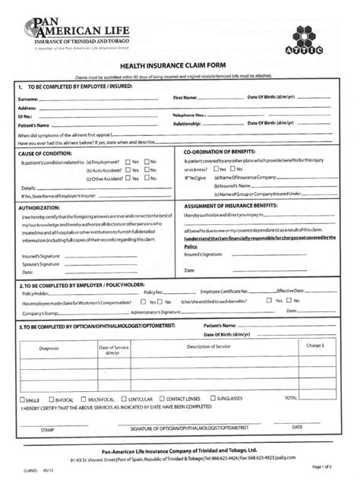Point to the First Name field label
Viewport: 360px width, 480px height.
point(185,98)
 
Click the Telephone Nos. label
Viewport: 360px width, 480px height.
point(190,115)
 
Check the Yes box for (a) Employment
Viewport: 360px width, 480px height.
point(127,161)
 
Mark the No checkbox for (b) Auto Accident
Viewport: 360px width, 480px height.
point(146,170)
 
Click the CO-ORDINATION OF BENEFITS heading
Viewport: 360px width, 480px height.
point(224,152)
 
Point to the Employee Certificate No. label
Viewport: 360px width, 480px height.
point(225,292)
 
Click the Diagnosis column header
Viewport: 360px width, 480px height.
point(49,348)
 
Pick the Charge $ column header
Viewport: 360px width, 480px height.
point(315,346)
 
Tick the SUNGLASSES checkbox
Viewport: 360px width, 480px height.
point(211,399)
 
